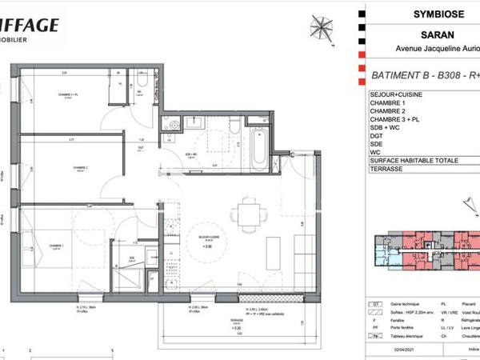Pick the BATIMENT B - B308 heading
[x=420, y=77]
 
